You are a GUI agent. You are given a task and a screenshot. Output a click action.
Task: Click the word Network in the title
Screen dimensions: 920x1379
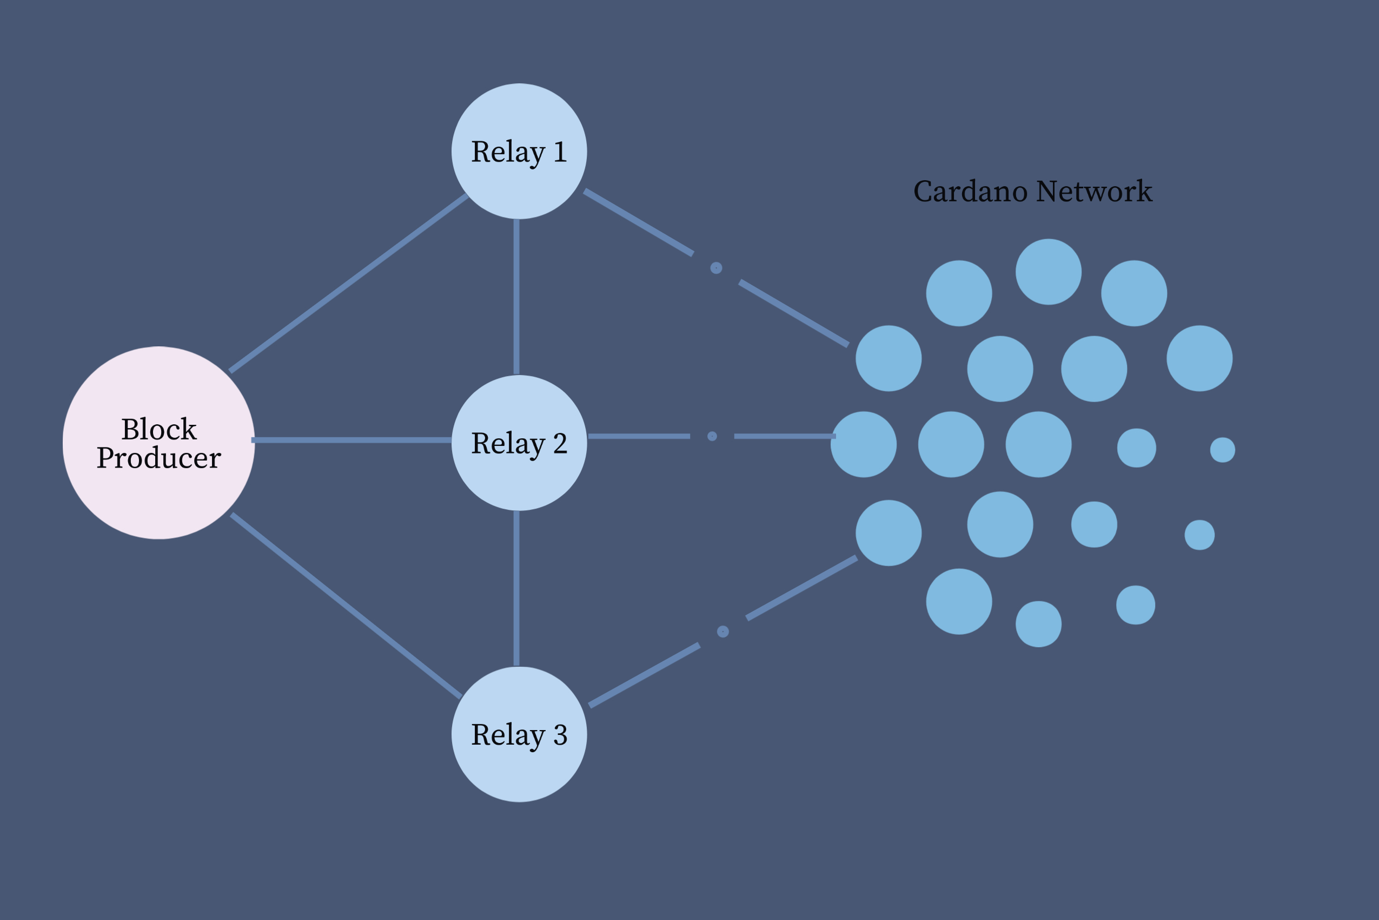(x=1094, y=191)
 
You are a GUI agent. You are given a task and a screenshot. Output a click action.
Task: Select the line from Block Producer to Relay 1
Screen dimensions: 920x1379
(x=349, y=283)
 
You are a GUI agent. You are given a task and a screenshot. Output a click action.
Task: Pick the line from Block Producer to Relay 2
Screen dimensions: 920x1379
(x=352, y=440)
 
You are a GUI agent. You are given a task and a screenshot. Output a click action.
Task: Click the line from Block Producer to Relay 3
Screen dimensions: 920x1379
(x=346, y=606)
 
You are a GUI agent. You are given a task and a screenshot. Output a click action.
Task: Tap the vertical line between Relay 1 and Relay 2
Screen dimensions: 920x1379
(x=516, y=297)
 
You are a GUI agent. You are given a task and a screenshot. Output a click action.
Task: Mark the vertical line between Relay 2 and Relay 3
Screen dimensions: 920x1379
(x=516, y=588)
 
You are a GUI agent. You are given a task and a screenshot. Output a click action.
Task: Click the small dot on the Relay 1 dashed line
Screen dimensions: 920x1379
(x=716, y=268)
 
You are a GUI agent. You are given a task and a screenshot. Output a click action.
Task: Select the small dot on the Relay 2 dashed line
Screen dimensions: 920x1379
(x=712, y=436)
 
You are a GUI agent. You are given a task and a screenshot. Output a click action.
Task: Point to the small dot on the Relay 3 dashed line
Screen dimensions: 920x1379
(x=723, y=632)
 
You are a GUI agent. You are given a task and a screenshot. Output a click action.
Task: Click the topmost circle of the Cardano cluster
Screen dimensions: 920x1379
(x=1049, y=272)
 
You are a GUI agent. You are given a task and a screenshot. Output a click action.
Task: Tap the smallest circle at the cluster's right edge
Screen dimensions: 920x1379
(x=1223, y=450)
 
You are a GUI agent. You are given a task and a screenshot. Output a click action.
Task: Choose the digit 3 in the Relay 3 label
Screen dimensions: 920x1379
(x=560, y=734)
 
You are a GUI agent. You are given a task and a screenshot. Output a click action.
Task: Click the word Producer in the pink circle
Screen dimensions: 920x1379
(x=158, y=458)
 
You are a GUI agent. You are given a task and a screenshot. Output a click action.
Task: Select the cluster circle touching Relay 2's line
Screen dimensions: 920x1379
(x=864, y=444)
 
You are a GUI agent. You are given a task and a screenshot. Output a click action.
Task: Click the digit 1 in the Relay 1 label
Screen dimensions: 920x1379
(x=560, y=152)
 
